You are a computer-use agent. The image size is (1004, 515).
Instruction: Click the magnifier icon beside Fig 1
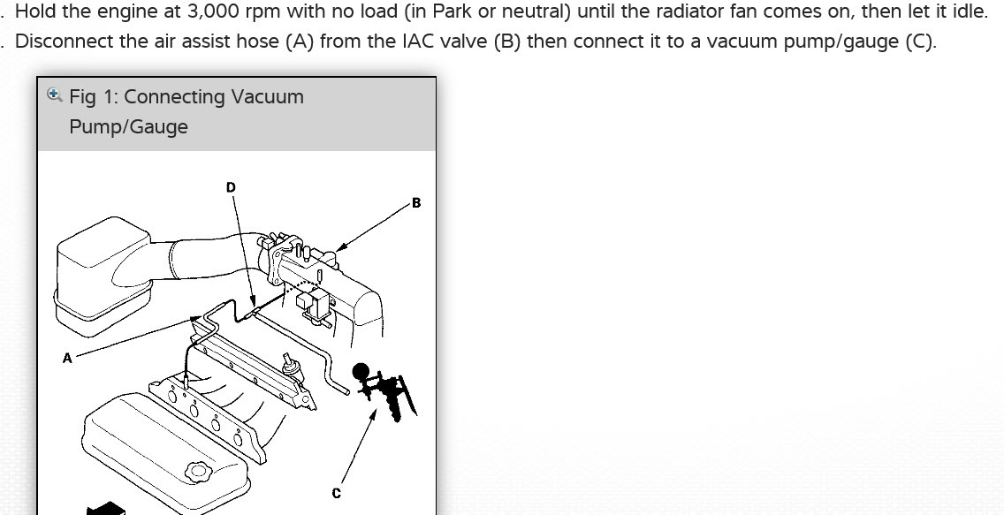pyautogui.click(x=55, y=95)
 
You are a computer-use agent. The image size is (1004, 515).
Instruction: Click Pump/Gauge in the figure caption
pyautogui.click(x=129, y=127)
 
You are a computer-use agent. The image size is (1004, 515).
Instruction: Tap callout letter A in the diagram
pyautogui.click(x=67, y=359)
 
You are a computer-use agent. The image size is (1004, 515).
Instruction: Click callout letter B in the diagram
pyautogui.click(x=416, y=203)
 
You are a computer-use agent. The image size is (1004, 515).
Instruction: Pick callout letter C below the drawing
pyautogui.click(x=336, y=494)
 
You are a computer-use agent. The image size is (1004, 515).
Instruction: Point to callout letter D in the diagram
pyautogui.click(x=231, y=187)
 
